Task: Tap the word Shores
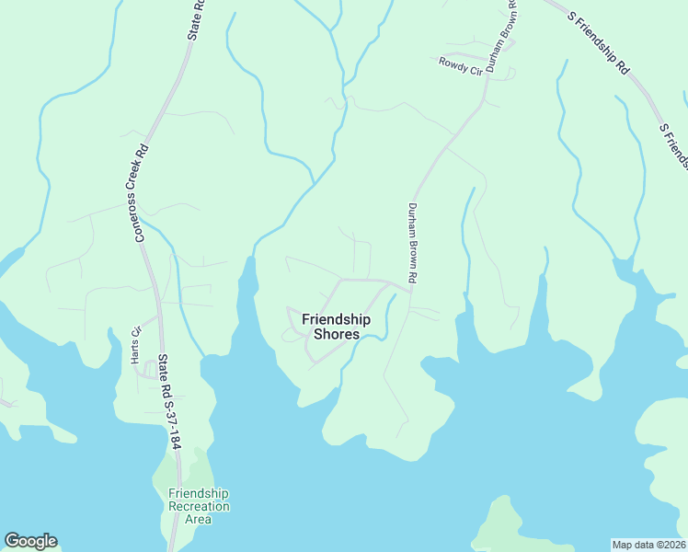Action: tap(336, 334)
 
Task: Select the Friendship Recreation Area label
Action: tap(199, 507)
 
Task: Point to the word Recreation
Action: tap(199, 507)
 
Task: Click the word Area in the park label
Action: tap(199, 519)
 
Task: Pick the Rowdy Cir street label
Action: tap(459, 63)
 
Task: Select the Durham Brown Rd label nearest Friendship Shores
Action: tap(413, 243)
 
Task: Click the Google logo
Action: tap(30, 541)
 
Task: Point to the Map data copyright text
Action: tap(648, 544)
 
